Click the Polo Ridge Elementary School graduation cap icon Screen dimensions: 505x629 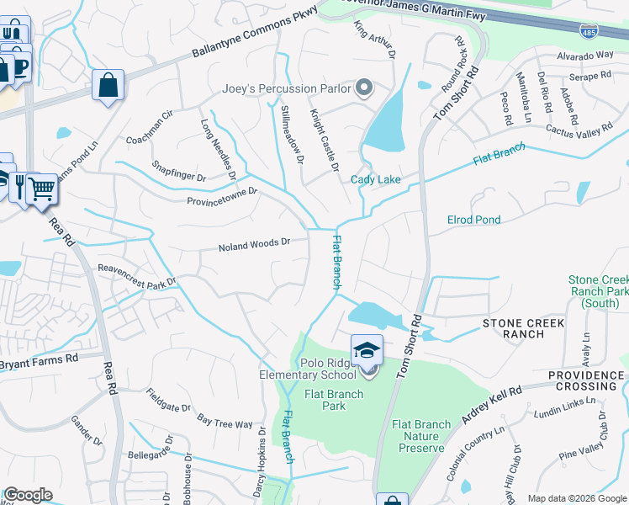coord(367,349)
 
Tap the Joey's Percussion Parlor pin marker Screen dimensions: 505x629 coord(364,88)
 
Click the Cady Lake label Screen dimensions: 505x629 coord(375,179)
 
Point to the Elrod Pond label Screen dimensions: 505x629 coord(473,220)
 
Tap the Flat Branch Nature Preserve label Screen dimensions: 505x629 coord(420,436)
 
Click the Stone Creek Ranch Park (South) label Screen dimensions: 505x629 coord(599,291)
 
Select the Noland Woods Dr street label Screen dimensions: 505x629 coord(254,244)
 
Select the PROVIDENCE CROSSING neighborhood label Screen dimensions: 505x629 coord(588,375)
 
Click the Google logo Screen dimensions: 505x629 coord(28,495)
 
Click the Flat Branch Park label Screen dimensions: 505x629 coord(334,400)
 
